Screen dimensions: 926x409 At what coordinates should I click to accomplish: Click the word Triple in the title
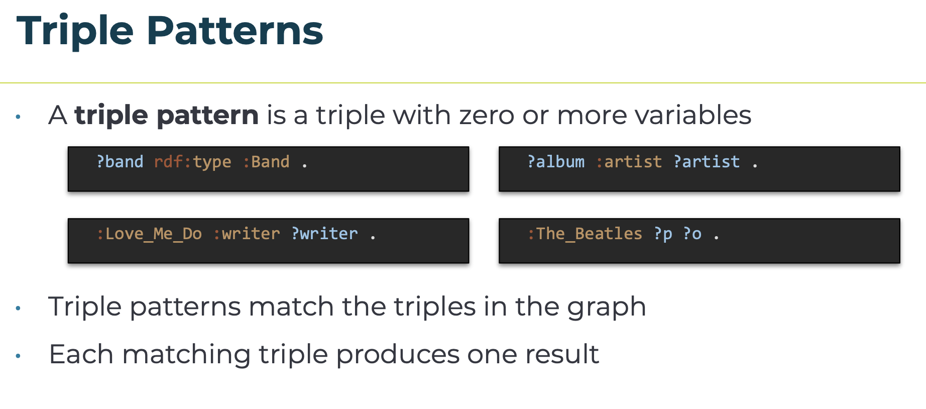(x=75, y=32)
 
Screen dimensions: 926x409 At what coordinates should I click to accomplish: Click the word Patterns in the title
(x=235, y=31)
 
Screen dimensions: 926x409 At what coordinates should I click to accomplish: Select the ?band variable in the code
(x=120, y=162)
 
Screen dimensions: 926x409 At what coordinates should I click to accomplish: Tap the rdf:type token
(x=193, y=162)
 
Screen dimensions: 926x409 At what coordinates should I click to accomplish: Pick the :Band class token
(x=266, y=162)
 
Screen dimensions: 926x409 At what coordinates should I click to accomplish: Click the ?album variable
(x=556, y=162)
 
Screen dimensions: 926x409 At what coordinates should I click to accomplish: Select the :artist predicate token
(x=629, y=162)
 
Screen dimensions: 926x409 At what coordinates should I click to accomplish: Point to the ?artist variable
(x=707, y=162)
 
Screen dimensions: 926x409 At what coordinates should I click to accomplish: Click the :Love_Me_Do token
(x=149, y=234)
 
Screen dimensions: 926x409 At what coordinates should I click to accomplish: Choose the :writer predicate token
(x=247, y=234)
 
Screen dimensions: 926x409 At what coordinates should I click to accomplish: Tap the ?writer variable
(x=324, y=234)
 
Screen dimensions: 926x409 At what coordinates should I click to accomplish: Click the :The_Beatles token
(x=585, y=234)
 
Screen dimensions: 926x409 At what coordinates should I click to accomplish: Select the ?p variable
(x=663, y=235)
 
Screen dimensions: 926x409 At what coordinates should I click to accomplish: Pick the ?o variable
(x=692, y=234)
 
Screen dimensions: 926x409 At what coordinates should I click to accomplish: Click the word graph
(x=607, y=308)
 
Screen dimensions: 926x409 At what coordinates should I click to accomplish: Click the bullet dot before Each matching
(x=18, y=356)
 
